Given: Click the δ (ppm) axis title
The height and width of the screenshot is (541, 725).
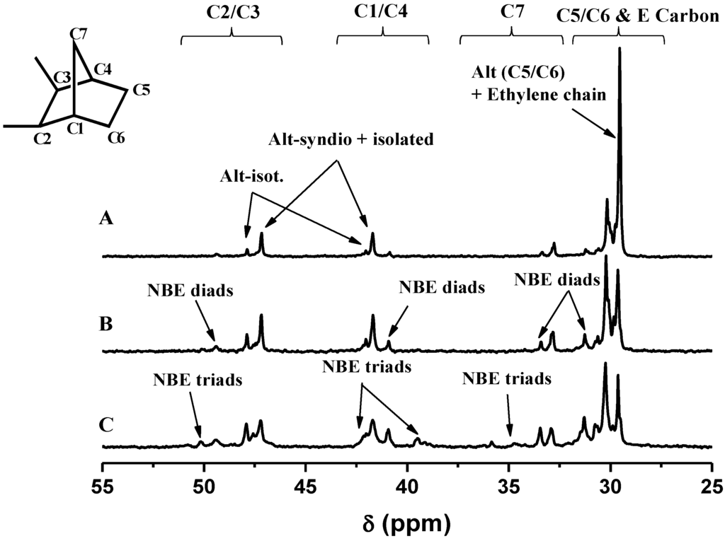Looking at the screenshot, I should pos(406,523).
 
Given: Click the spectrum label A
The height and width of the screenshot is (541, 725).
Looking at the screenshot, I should pos(106,220).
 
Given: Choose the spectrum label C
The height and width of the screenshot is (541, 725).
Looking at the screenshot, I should pos(106,426).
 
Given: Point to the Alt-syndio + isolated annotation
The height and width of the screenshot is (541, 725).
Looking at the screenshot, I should pos(350,140).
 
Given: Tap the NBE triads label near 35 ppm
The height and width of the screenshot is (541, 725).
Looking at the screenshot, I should pos(506,379).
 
